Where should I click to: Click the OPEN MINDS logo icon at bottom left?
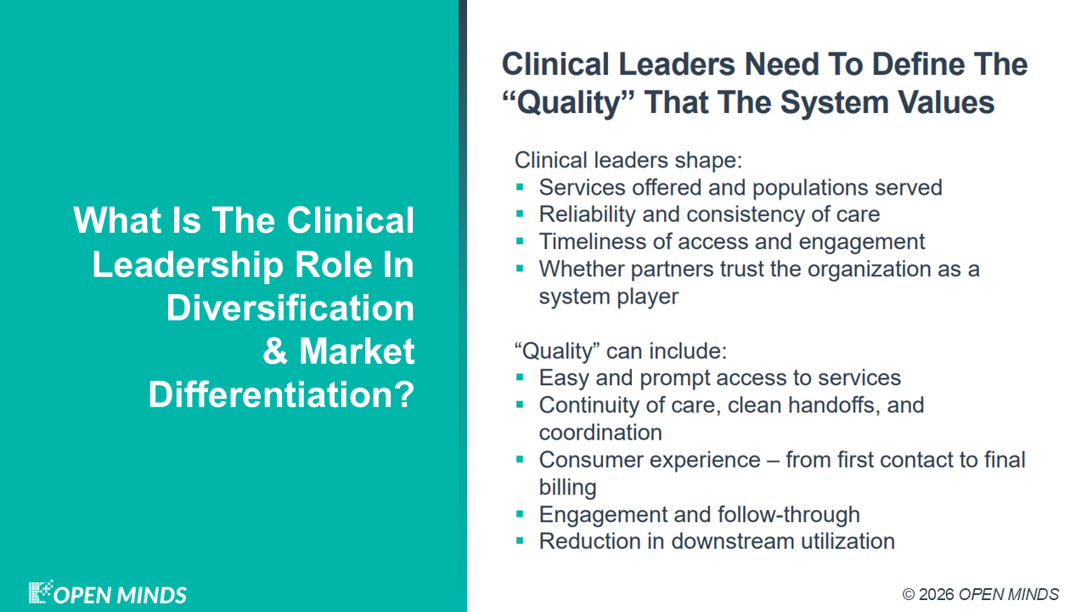click(x=41, y=592)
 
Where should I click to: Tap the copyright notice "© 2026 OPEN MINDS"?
click(x=981, y=594)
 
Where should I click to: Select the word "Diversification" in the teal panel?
click(x=290, y=308)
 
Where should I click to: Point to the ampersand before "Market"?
click(x=275, y=351)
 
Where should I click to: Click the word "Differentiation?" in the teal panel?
click(x=281, y=394)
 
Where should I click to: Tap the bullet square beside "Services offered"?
click(x=520, y=187)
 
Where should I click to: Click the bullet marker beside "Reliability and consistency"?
click(x=520, y=213)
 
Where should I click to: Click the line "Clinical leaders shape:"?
click(x=628, y=161)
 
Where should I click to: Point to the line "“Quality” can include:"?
click(x=621, y=351)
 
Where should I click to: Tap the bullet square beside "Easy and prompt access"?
click(x=520, y=377)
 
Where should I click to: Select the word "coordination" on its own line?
click(x=600, y=433)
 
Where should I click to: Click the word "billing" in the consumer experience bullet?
click(x=568, y=488)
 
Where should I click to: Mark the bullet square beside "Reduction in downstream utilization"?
click(x=520, y=541)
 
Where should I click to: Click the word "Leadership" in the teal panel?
click(x=188, y=265)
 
